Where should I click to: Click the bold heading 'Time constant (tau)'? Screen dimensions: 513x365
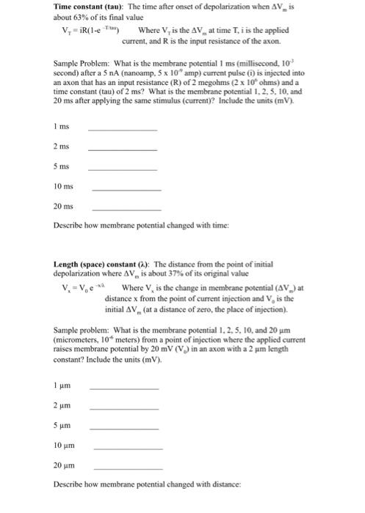(91, 7)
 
